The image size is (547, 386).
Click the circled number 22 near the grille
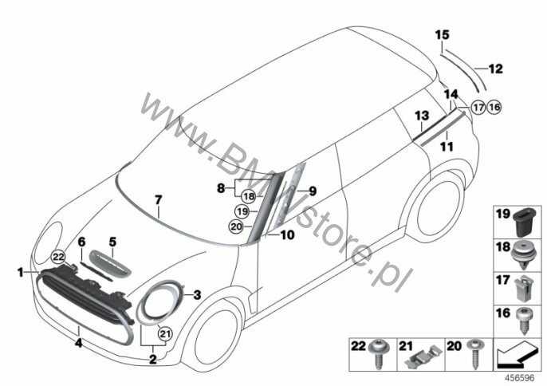(x=58, y=258)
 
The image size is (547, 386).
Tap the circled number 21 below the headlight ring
(x=165, y=334)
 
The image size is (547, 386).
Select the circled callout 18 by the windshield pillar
(x=249, y=196)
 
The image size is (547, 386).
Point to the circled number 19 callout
(x=242, y=211)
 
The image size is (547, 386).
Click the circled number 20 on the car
(x=236, y=226)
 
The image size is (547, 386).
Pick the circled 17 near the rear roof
(x=478, y=107)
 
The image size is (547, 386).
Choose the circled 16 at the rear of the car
(x=494, y=107)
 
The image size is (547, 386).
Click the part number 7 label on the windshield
(x=159, y=200)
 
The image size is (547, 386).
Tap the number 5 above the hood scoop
(x=112, y=242)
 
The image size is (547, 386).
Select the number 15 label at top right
(x=442, y=35)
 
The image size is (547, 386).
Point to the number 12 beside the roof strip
(x=495, y=69)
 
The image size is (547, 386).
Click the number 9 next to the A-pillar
(x=313, y=191)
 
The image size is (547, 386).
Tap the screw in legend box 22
(x=378, y=354)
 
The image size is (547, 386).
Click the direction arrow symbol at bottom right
(x=516, y=354)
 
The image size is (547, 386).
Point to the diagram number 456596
(x=521, y=378)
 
